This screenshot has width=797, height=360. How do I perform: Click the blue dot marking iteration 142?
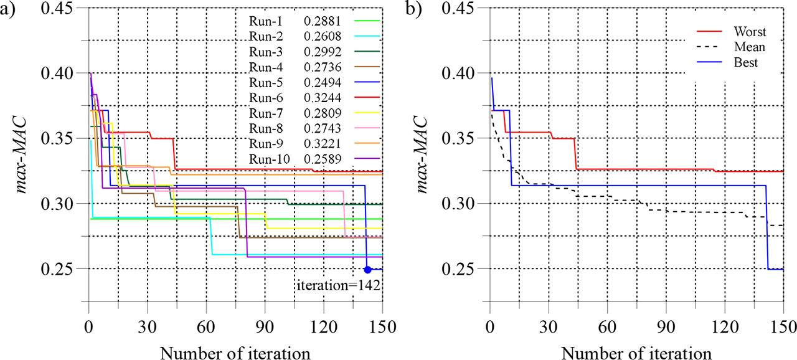(x=367, y=269)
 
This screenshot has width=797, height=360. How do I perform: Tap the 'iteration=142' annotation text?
(x=338, y=286)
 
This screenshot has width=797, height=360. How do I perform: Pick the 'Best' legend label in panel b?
(x=746, y=63)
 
